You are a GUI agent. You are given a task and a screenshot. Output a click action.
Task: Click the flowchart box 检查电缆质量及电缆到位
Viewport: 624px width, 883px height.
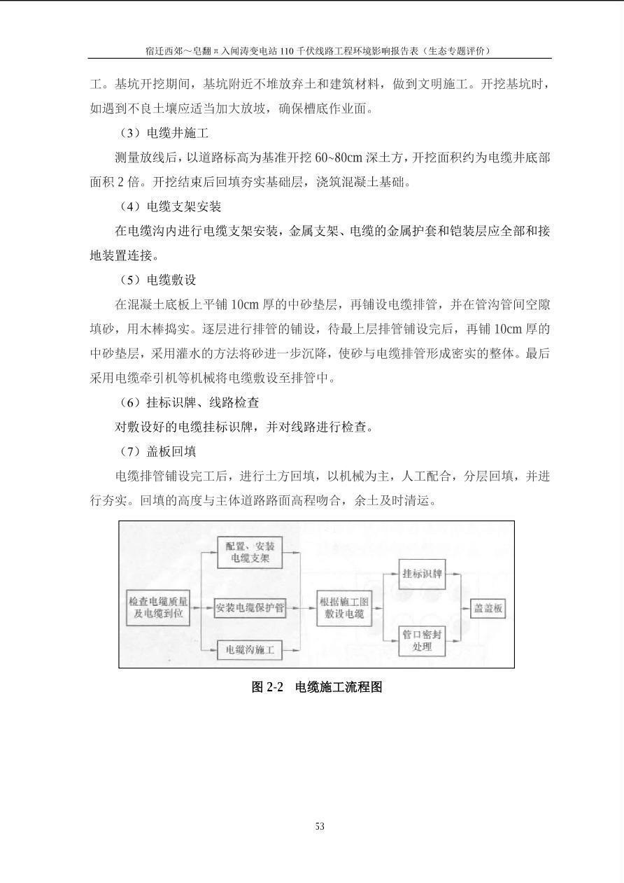(x=158, y=607)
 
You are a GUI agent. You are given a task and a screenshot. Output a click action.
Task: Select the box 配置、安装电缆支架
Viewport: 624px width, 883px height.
(x=250, y=553)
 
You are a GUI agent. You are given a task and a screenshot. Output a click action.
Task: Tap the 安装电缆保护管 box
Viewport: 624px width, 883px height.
(x=250, y=608)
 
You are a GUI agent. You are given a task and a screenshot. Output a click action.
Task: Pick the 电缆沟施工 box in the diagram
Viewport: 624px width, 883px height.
(x=250, y=650)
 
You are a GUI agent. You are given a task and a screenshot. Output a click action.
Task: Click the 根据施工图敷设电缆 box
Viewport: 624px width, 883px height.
(x=343, y=608)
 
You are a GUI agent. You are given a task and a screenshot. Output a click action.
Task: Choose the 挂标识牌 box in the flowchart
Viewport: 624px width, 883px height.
(x=423, y=574)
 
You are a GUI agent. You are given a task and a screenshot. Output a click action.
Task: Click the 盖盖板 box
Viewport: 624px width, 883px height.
(x=488, y=608)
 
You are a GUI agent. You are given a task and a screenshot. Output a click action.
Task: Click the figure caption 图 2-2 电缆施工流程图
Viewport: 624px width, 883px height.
(x=317, y=687)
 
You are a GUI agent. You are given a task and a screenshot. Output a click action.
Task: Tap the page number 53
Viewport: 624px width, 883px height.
(x=320, y=826)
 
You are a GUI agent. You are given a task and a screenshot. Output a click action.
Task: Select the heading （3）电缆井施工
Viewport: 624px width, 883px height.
(x=164, y=133)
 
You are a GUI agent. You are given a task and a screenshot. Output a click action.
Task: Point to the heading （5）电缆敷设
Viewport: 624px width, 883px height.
(x=157, y=280)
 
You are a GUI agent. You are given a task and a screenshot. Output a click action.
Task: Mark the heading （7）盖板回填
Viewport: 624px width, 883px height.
(x=157, y=451)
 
